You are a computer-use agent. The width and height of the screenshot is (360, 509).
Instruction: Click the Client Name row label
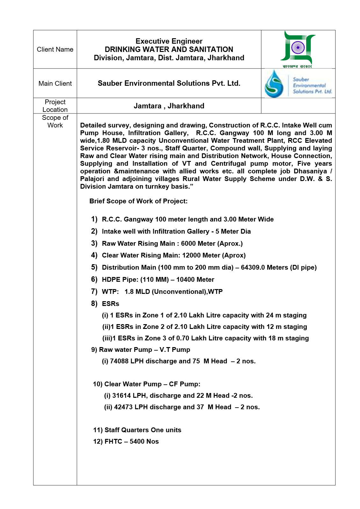tap(55, 49)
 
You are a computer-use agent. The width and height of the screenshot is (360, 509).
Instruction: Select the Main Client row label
tap(55, 84)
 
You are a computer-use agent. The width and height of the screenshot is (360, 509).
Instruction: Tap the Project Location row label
tap(55, 106)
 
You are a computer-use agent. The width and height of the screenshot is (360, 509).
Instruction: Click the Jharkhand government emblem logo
tap(298, 48)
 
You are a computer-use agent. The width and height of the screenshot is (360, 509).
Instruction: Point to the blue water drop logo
tap(274, 84)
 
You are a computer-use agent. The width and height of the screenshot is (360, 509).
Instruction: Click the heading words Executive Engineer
tap(169, 41)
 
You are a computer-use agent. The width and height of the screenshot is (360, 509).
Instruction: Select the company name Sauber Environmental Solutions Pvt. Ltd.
tap(169, 84)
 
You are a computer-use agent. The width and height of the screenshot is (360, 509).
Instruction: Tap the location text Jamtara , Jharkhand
tap(169, 106)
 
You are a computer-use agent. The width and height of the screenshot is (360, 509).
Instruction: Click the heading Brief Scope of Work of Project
tap(138, 201)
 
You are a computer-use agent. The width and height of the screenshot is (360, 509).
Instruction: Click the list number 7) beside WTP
tap(94, 291)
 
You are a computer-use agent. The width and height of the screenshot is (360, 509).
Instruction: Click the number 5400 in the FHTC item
tap(136, 441)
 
